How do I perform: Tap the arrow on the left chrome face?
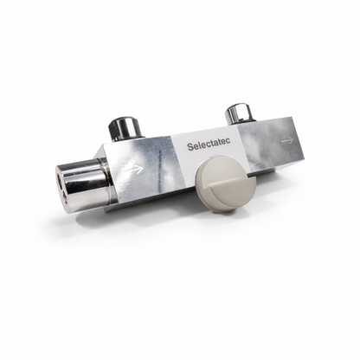134,170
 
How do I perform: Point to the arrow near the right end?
286,139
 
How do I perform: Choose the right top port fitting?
238,112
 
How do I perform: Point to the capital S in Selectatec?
190,147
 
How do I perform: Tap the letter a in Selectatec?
218,145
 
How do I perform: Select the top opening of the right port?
238,107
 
